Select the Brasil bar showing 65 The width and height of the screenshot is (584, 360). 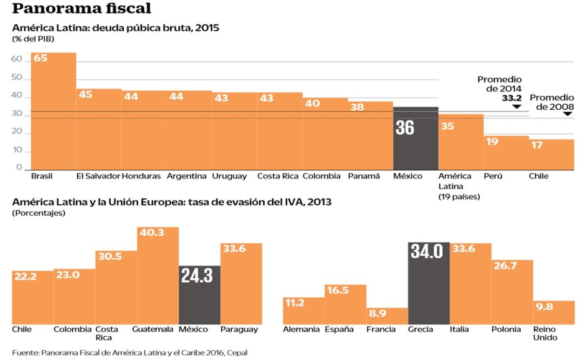tap(53, 111)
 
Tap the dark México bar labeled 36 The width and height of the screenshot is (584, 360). tap(415, 138)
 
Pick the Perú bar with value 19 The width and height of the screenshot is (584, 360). tap(506, 152)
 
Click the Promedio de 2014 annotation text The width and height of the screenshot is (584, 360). tap(500, 84)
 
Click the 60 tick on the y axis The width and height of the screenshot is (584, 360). tap(16, 60)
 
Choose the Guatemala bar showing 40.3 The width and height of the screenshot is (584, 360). tap(158, 276)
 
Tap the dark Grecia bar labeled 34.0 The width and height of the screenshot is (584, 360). tap(429, 284)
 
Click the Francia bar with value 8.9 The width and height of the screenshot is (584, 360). tap(387, 316)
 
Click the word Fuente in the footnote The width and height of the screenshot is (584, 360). tap(24, 352)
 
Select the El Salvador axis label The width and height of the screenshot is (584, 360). tap(98, 176)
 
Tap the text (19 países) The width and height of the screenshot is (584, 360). tap(459, 197)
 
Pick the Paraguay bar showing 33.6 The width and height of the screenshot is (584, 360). tap(241, 284)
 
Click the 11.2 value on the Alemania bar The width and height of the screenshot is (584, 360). tap(295, 303)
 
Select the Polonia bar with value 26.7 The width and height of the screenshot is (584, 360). tap(512, 292)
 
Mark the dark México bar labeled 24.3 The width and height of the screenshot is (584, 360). tap(199, 295)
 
